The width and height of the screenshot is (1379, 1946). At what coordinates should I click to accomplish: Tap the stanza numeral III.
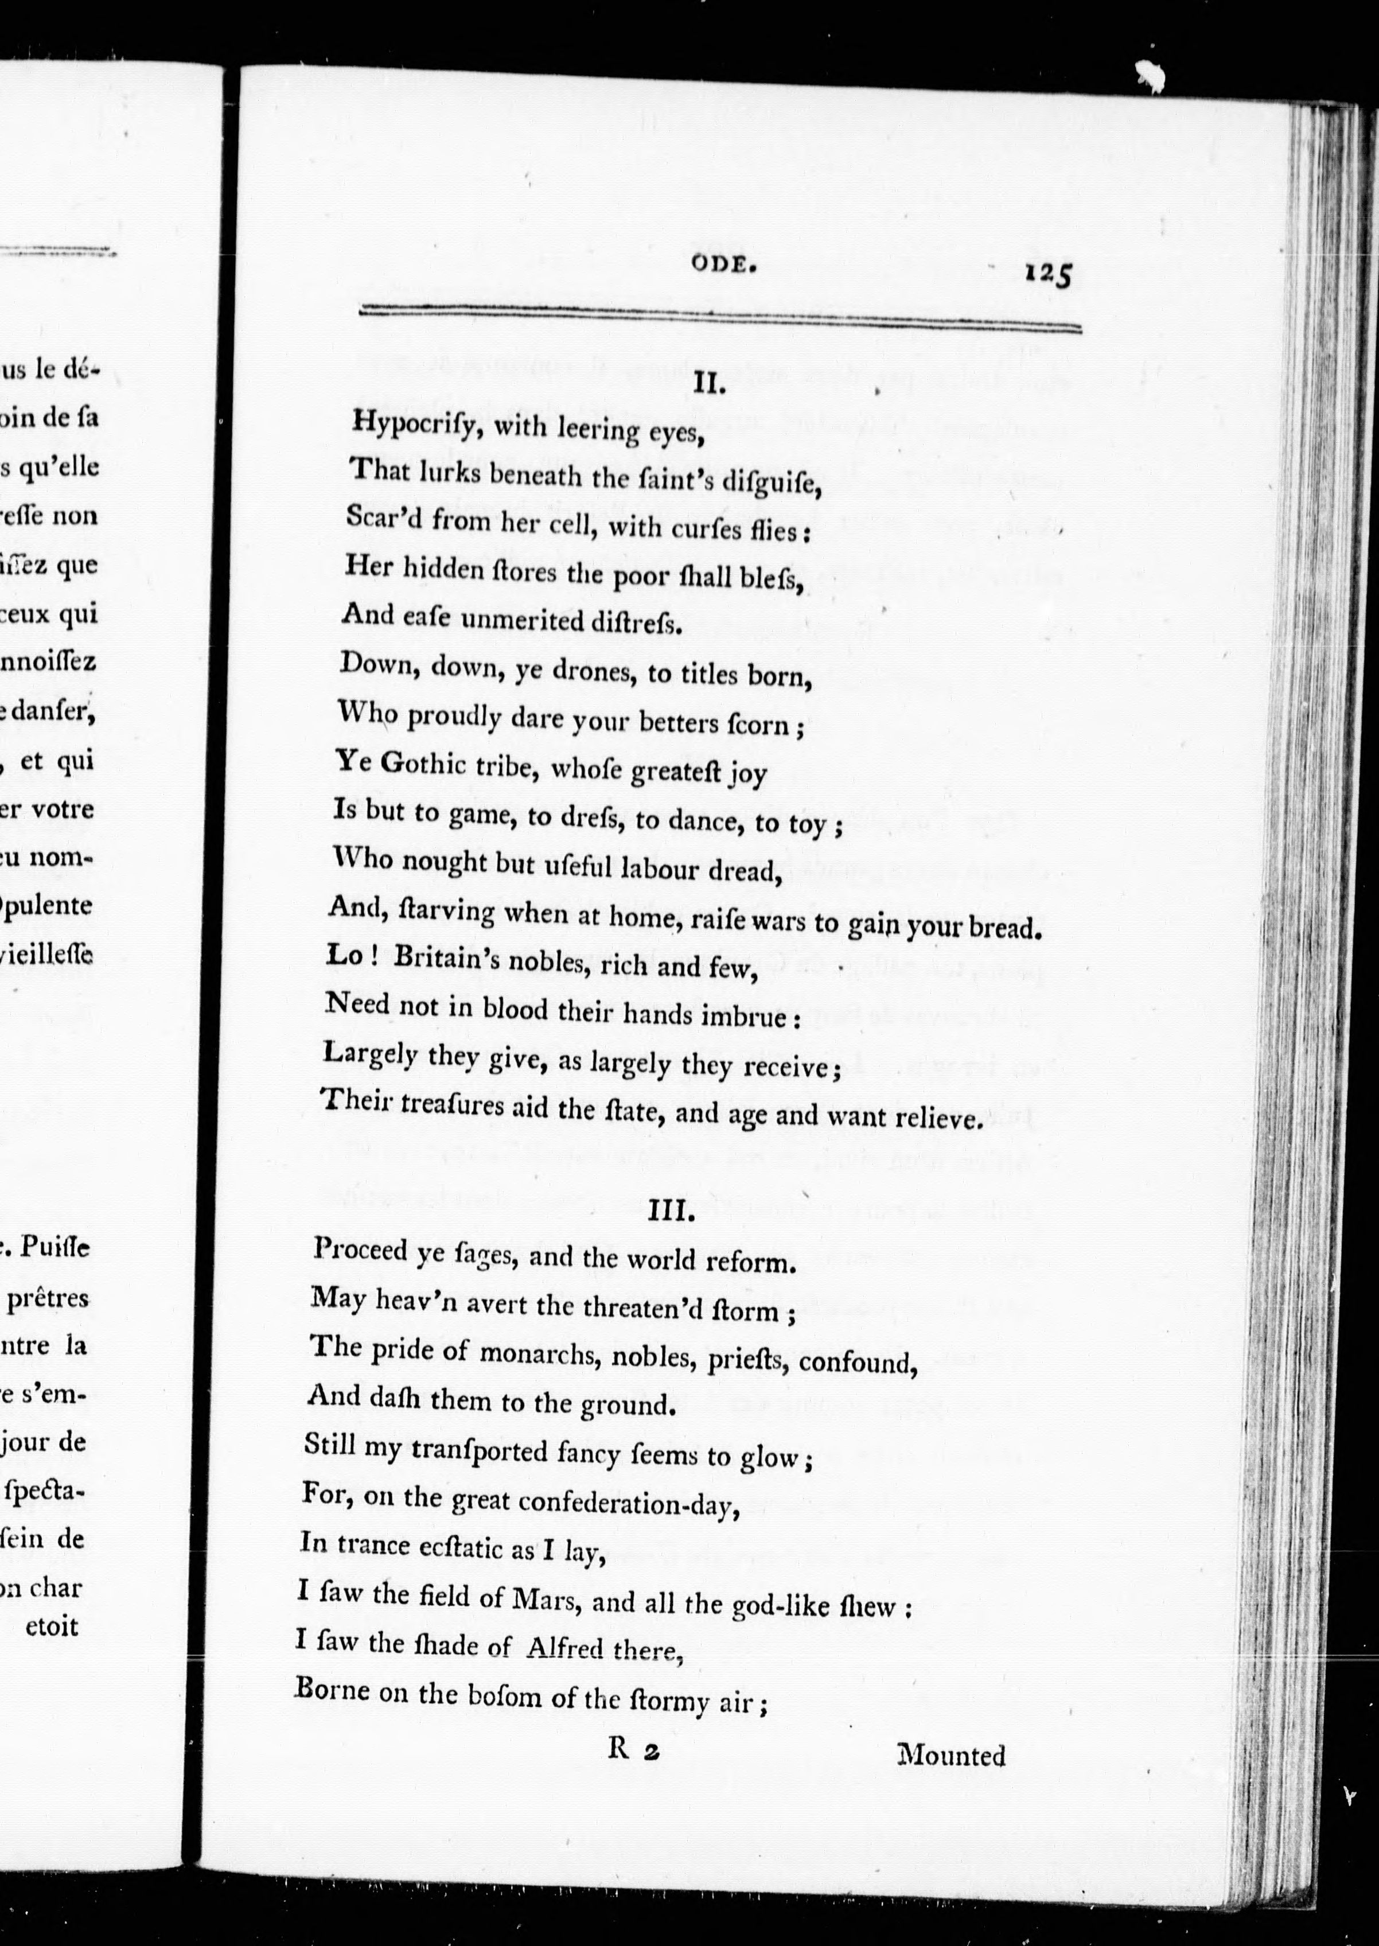(672, 1212)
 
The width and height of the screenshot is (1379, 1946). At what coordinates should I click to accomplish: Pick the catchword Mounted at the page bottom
(951, 1755)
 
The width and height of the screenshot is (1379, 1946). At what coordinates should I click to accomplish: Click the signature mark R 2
(633, 1751)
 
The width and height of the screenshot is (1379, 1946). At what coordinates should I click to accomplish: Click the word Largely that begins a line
(370, 1056)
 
